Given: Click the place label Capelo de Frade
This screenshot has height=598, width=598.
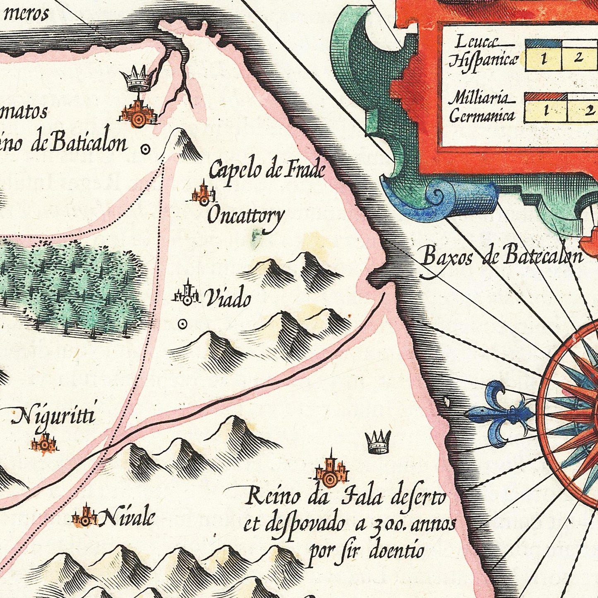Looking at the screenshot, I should point(267,170).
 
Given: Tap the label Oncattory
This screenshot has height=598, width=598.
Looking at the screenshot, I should point(246,216).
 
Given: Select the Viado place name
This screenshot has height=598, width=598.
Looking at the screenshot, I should point(228,298).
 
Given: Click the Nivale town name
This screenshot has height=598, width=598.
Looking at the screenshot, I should point(127,517).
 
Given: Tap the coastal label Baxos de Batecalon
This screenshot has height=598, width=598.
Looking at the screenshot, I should point(502,256).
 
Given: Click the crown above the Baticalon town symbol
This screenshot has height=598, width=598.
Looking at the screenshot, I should point(137,79).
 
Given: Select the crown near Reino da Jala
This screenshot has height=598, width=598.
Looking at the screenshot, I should point(378,442).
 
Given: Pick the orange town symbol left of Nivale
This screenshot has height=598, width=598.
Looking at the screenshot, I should point(84,517).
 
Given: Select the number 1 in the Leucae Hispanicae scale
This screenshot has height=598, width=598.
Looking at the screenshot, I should point(543,58).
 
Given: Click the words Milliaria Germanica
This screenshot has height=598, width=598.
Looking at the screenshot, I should point(482,108).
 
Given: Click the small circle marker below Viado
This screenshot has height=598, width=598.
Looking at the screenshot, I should point(182,324).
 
